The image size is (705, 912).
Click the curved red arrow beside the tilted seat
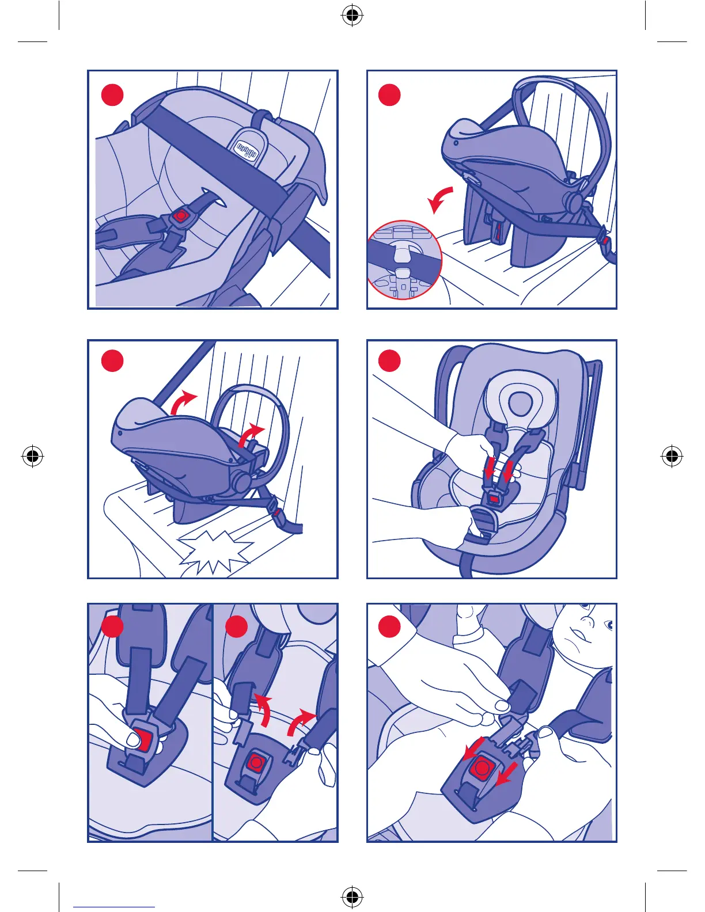tap(440, 200)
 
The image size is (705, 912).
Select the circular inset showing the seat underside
tap(404, 260)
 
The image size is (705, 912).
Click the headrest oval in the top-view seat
tap(520, 403)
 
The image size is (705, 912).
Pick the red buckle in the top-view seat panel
tap(494, 499)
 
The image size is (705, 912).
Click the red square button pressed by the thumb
tap(145, 742)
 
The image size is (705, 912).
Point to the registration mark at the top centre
tap(352, 16)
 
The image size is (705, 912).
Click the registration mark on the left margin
tap(32, 456)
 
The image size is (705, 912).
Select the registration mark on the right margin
tap(672, 456)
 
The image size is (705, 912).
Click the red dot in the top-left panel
tap(112, 95)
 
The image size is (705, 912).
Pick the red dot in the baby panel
tap(390, 626)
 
